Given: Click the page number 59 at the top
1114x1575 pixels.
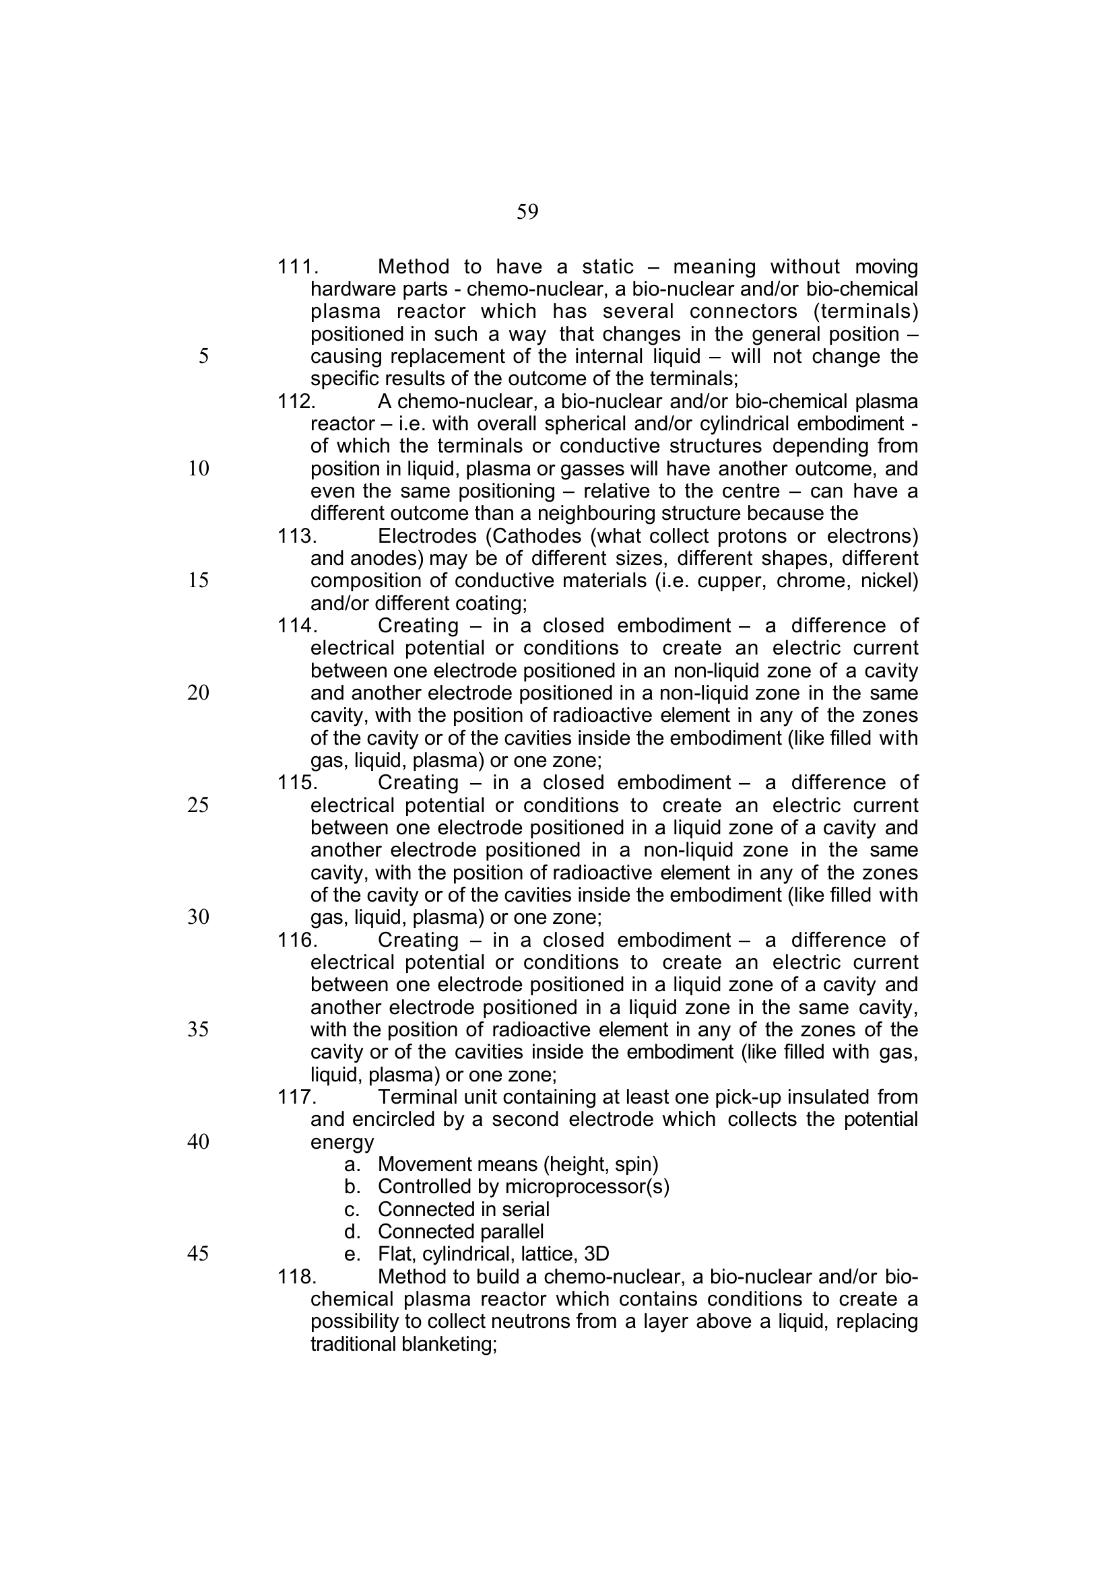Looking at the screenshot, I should (527, 212).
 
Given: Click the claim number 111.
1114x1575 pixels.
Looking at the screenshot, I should (297, 267).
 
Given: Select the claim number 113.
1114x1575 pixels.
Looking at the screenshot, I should (296, 536).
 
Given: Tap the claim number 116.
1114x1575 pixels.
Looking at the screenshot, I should (296, 940).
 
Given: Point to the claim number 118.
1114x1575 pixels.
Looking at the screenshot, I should (296, 1277).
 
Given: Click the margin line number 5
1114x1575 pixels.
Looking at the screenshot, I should (203, 356).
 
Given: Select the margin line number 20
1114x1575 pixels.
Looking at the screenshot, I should (197, 693).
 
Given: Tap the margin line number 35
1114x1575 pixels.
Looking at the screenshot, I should (197, 1030).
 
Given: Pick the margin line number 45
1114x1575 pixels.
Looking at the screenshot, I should (197, 1254).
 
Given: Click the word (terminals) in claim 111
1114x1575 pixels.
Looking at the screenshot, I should (865, 312).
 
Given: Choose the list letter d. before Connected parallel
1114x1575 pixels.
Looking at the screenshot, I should (352, 1232).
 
